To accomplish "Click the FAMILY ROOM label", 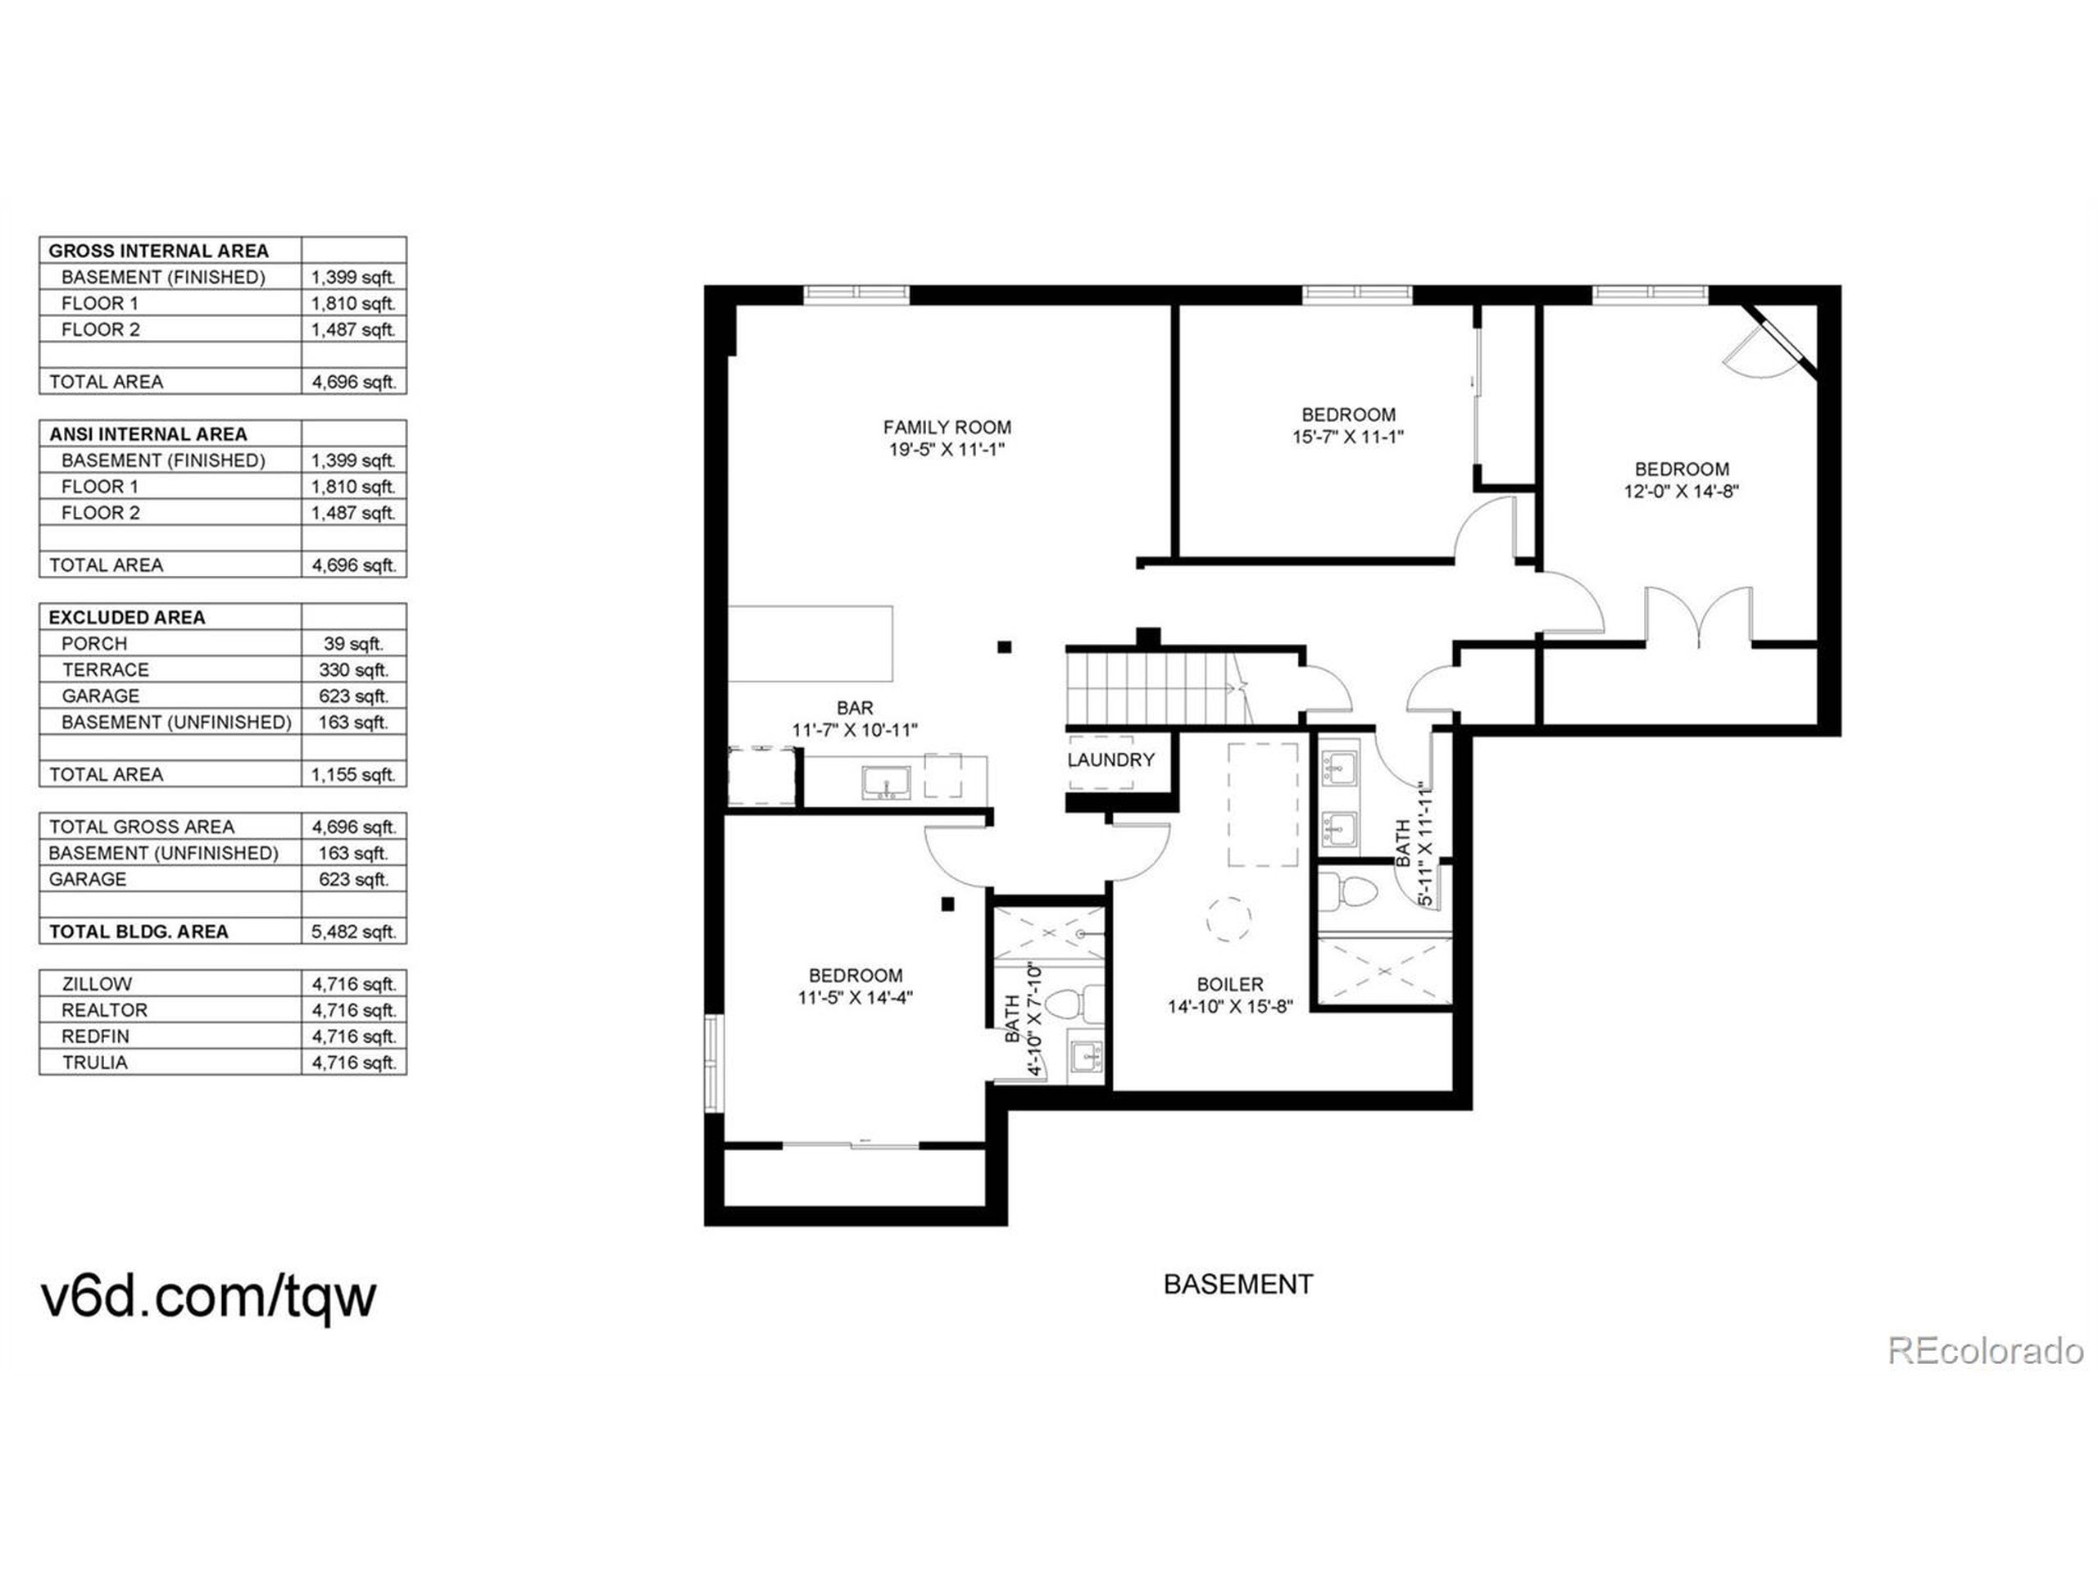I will (947, 428).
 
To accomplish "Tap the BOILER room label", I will (1229, 984).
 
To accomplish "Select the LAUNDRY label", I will (1110, 759).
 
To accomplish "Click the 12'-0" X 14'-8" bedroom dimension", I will (1681, 491).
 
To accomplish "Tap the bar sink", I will (886, 782).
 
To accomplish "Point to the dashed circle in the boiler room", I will (1228, 918).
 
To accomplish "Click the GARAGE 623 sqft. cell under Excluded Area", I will (353, 696).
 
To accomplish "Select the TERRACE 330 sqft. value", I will (353, 669).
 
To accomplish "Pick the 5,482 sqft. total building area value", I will (353, 931).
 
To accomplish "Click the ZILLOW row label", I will (96, 984).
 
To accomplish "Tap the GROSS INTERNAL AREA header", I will (158, 252).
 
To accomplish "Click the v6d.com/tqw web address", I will (209, 1295).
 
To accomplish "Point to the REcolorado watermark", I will (1984, 1350).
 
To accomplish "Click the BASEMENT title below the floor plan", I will (1237, 1284).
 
